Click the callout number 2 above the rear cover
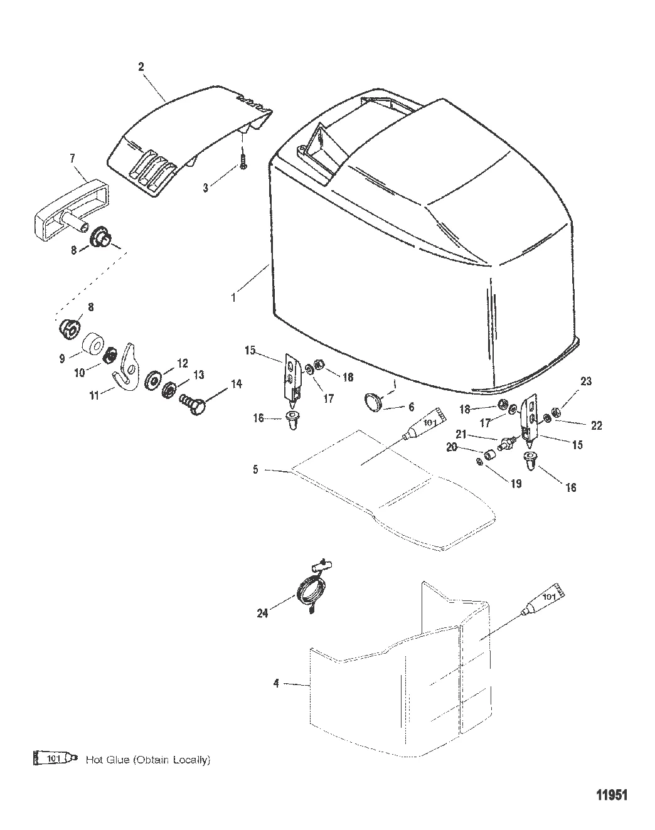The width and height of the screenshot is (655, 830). [141, 67]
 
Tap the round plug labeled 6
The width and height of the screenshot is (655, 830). [373, 403]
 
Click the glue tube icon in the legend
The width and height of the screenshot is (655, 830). [56, 759]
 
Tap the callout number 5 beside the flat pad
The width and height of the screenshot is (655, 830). [255, 469]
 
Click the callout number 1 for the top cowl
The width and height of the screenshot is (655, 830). [233, 298]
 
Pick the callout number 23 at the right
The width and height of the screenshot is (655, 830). [586, 381]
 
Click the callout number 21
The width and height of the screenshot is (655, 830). [461, 434]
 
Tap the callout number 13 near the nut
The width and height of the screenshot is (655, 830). [199, 375]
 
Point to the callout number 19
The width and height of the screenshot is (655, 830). [516, 483]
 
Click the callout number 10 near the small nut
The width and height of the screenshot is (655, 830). [80, 373]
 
